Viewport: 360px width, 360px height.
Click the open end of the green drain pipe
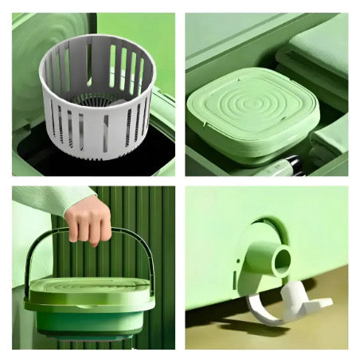point(281,260)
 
